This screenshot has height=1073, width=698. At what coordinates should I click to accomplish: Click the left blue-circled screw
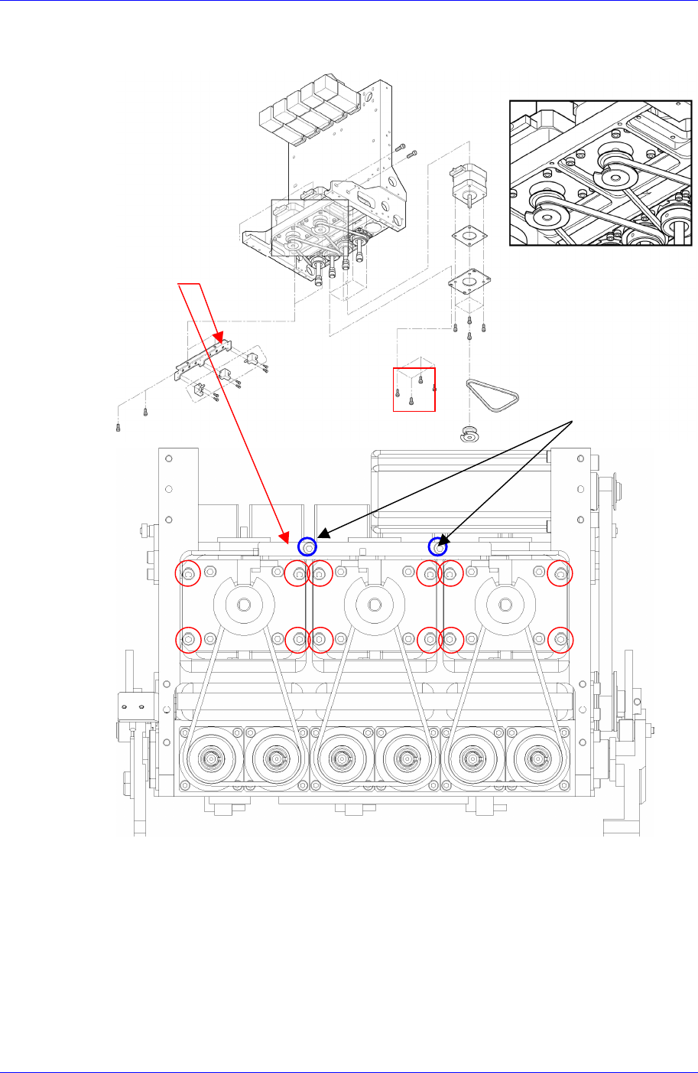pyautogui.click(x=307, y=546)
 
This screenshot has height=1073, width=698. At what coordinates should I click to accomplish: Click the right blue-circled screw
pyautogui.click(x=438, y=546)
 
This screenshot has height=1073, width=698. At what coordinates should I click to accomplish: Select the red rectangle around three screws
pyautogui.click(x=414, y=390)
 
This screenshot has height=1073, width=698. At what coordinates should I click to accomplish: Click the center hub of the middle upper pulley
pyautogui.click(x=374, y=605)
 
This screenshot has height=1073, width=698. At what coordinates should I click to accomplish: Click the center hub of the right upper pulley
pyautogui.click(x=505, y=605)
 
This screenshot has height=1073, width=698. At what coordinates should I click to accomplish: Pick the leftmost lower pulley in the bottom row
pyautogui.click(x=210, y=760)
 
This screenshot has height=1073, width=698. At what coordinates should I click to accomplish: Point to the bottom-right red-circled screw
pyautogui.click(x=561, y=638)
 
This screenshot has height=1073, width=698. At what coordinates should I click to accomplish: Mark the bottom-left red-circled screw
pyautogui.click(x=190, y=638)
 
